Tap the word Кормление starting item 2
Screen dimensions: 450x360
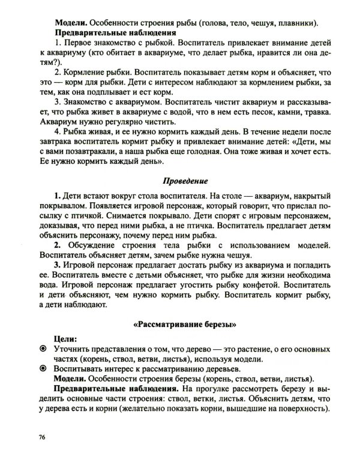point(84,70)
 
